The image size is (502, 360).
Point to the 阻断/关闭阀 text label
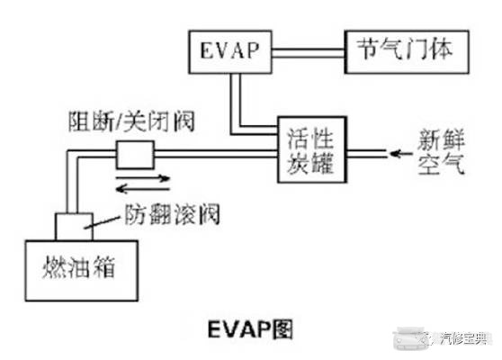pyautogui.click(x=131, y=122)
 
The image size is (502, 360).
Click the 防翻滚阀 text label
pyautogui.click(x=172, y=214)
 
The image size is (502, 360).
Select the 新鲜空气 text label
pyautogui.click(x=441, y=152)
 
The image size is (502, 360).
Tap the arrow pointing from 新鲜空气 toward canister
pyautogui.click(x=401, y=154)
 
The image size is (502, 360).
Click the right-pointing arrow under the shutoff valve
pyautogui.click(x=143, y=178)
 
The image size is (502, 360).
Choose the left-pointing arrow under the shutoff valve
pyautogui.click(x=143, y=189)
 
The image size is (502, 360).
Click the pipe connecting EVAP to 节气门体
pyautogui.click(x=309, y=53)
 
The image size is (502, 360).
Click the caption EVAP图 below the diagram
pyautogui.click(x=250, y=329)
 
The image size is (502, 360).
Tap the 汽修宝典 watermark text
pyautogui.click(x=463, y=338)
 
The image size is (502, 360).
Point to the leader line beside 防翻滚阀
pyautogui.click(x=102, y=222)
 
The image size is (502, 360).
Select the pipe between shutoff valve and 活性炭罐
pyautogui.click(x=215, y=154)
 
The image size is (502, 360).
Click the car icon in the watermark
pyautogui.click(x=410, y=338)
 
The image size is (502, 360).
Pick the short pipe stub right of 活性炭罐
pyautogui.click(x=366, y=154)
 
